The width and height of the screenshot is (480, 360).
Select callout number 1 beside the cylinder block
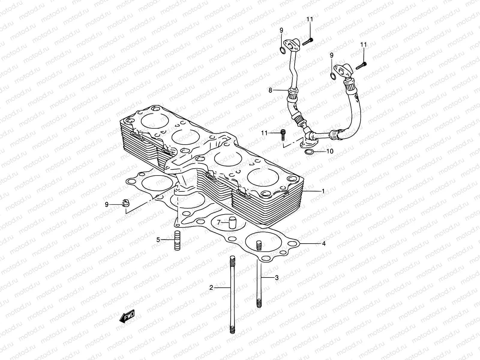(x=323, y=191)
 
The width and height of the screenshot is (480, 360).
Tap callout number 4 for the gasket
(x=323, y=244)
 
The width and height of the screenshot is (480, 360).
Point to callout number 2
(x=211, y=288)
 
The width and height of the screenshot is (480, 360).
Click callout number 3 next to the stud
(x=277, y=278)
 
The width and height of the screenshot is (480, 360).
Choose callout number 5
(x=158, y=239)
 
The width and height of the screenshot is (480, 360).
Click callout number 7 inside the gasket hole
(x=219, y=222)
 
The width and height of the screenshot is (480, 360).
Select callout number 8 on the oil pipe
(x=270, y=90)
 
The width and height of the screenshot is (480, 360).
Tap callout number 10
(x=329, y=151)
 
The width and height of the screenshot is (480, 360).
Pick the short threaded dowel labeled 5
(x=177, y=240)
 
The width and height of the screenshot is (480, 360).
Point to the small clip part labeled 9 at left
(x=125, y=203)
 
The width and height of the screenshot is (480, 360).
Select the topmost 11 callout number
(x=310, y=19)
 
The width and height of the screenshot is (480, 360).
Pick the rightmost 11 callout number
(x=363, y=45)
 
